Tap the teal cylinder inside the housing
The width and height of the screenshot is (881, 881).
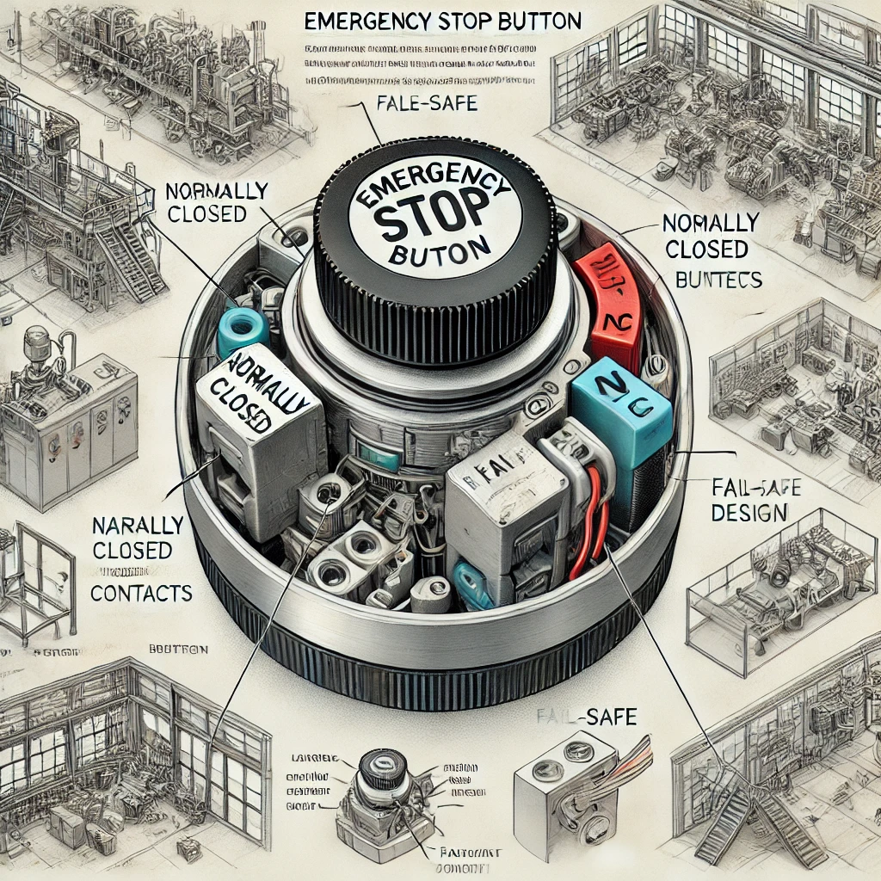[243, 332]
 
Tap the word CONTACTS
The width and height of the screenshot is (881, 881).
[141, 593]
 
